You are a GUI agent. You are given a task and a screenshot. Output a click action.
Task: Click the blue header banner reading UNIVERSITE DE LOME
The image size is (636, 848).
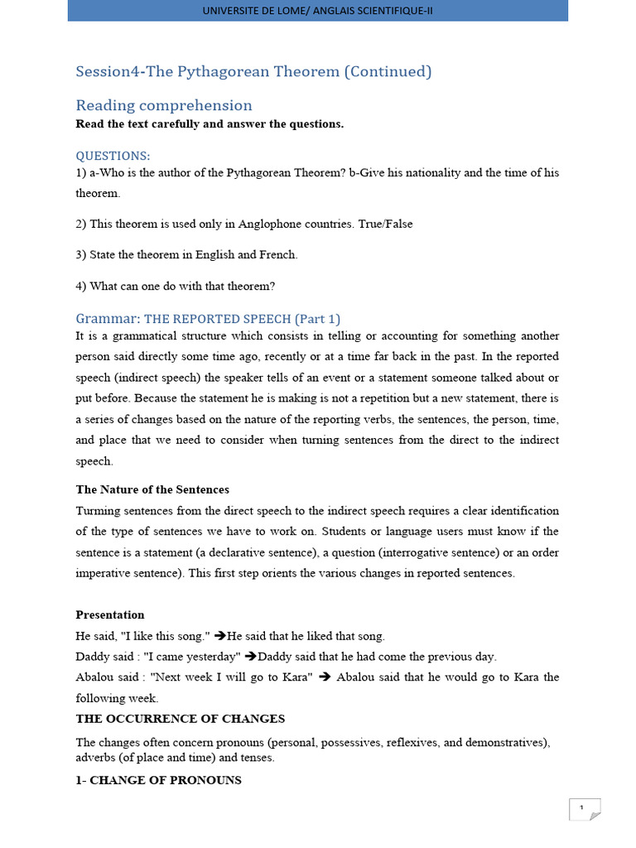tap(318, 10)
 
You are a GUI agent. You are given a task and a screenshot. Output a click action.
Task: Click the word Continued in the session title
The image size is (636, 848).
tap(388, 71)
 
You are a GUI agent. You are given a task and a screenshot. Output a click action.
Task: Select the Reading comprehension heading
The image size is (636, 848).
tap(164, 105)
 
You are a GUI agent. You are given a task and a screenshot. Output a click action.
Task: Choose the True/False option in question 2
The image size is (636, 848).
tap(385, 224)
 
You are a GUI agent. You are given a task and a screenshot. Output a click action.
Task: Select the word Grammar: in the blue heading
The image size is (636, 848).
tap(108, 319)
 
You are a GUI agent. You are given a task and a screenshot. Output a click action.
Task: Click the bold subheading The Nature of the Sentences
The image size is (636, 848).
tap(152, 489)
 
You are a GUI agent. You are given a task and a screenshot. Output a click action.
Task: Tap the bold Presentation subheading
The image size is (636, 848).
tap(110, 614)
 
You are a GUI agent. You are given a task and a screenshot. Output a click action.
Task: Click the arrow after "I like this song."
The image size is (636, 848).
tap(220, 636)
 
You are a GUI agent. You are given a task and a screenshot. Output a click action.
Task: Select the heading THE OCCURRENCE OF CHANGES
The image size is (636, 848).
tap(181, 718)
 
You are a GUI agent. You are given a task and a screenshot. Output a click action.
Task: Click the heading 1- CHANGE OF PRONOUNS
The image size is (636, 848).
tap(159, 780)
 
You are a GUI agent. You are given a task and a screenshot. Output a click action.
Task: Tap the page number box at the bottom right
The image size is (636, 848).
tap(584, 809)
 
